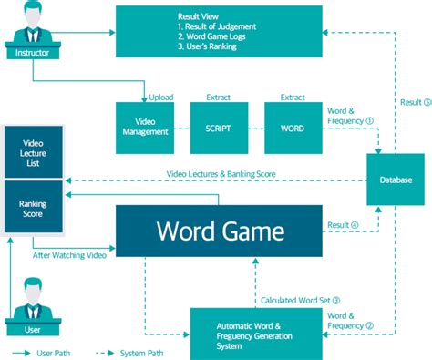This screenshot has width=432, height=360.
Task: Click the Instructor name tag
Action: coord(32,53)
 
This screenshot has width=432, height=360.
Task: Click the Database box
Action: coord(395,180)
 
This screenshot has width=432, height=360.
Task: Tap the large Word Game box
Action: coord(218,229)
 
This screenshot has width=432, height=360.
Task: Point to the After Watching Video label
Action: coord(70,254)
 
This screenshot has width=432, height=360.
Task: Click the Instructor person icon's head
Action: coord(33,11)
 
